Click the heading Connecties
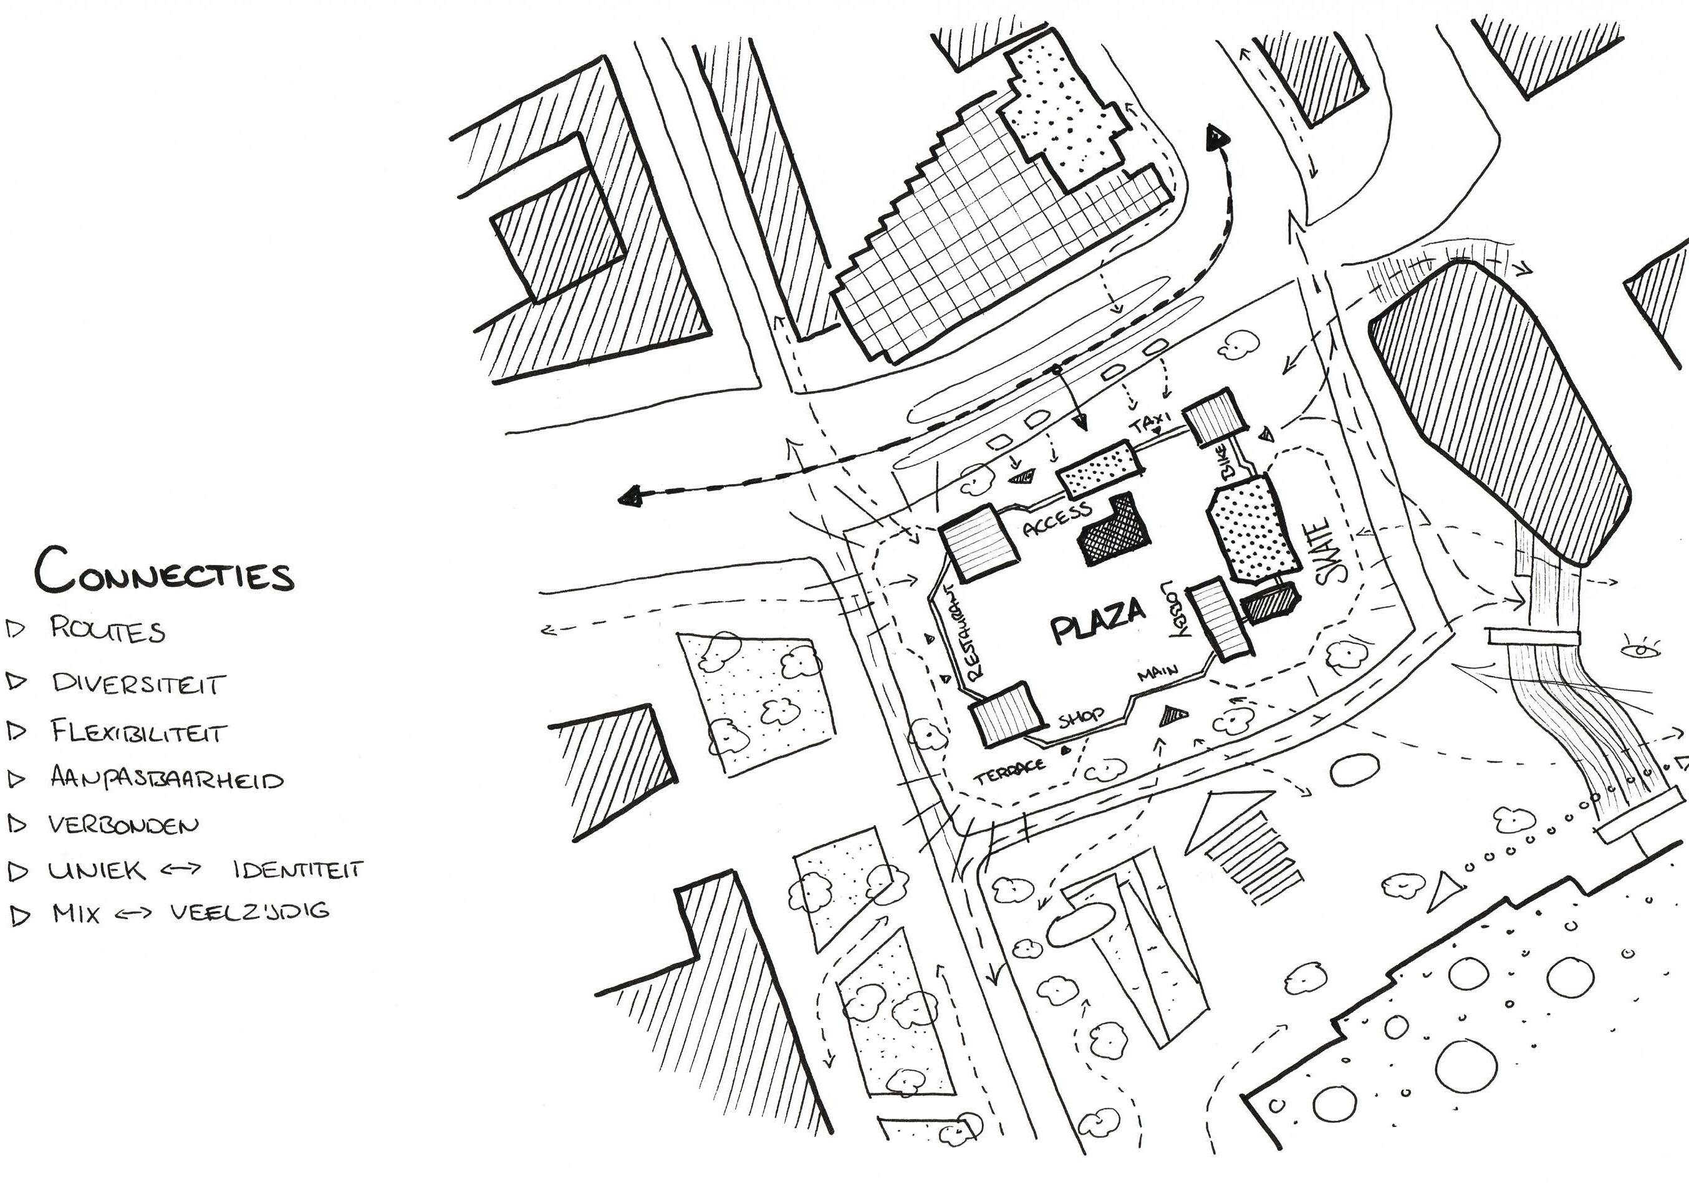(164, 571)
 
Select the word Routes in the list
(108, 630)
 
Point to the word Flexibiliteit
(139, 732)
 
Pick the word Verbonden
(123, 825)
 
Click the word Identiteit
(298, 870)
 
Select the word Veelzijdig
(250, 912)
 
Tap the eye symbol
(1640, 650)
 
